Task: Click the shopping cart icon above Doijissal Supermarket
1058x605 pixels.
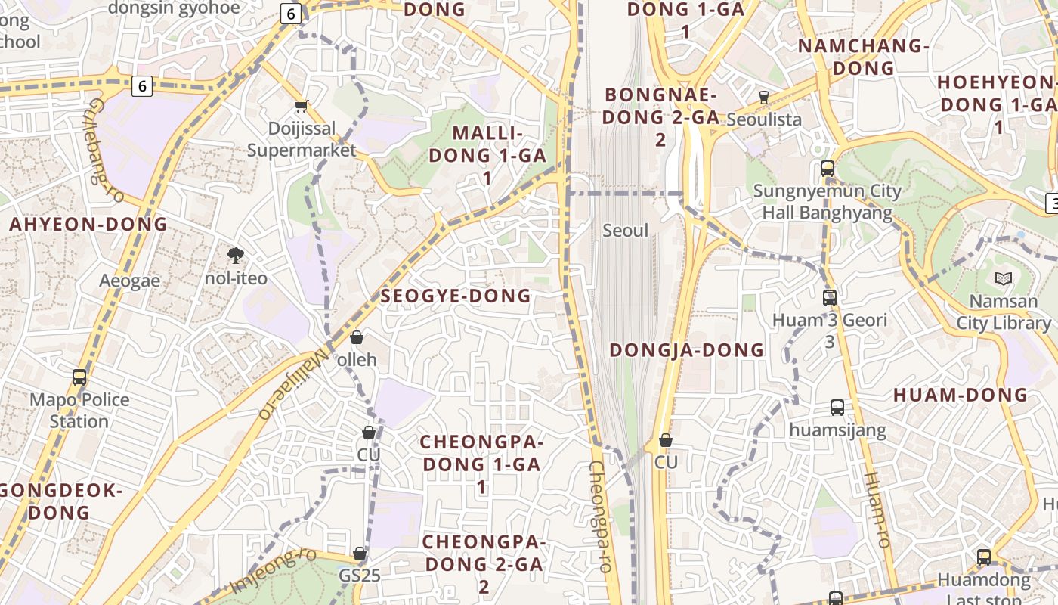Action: coord(301,107)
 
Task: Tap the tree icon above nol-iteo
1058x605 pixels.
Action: coord(236,256)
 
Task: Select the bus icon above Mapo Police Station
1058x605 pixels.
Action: coord(79,377)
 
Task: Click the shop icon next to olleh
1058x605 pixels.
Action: coord(357,337)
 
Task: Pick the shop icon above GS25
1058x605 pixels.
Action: coord(360,554)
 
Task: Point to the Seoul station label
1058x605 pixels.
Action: coord(625,230)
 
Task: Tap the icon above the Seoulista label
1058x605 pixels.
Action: coord(763,98)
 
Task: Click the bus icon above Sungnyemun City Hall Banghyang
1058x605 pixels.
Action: coord(828,169)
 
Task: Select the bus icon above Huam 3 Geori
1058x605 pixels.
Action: coord(830,298)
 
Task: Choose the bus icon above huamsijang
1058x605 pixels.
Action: coord(837,408)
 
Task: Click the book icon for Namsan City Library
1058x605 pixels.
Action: coord(1003,279)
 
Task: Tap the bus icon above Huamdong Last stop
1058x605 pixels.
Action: coord(984,557)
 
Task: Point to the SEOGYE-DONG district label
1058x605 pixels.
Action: coord(456,296)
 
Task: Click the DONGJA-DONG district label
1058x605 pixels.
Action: coord(686,350)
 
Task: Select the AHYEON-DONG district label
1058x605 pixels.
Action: coord(88,225)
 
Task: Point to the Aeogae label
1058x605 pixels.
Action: coord(130,281)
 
